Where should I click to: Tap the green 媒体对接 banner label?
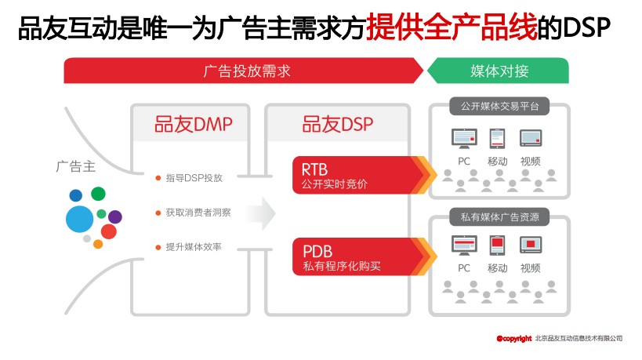pos(499,71)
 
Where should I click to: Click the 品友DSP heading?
pos(338,125)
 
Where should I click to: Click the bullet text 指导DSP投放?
pos(194,179)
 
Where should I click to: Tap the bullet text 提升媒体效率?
pos(194,247)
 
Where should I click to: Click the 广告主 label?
pos(75,166)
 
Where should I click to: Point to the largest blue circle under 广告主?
pos(79,219)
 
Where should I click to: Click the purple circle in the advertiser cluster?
pos(115,216)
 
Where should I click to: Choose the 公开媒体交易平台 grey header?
pos(499,105)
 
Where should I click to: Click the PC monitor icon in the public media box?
pos(464,139)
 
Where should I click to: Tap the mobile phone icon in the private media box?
pos(497,245)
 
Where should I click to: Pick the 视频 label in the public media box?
pos(531,162)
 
